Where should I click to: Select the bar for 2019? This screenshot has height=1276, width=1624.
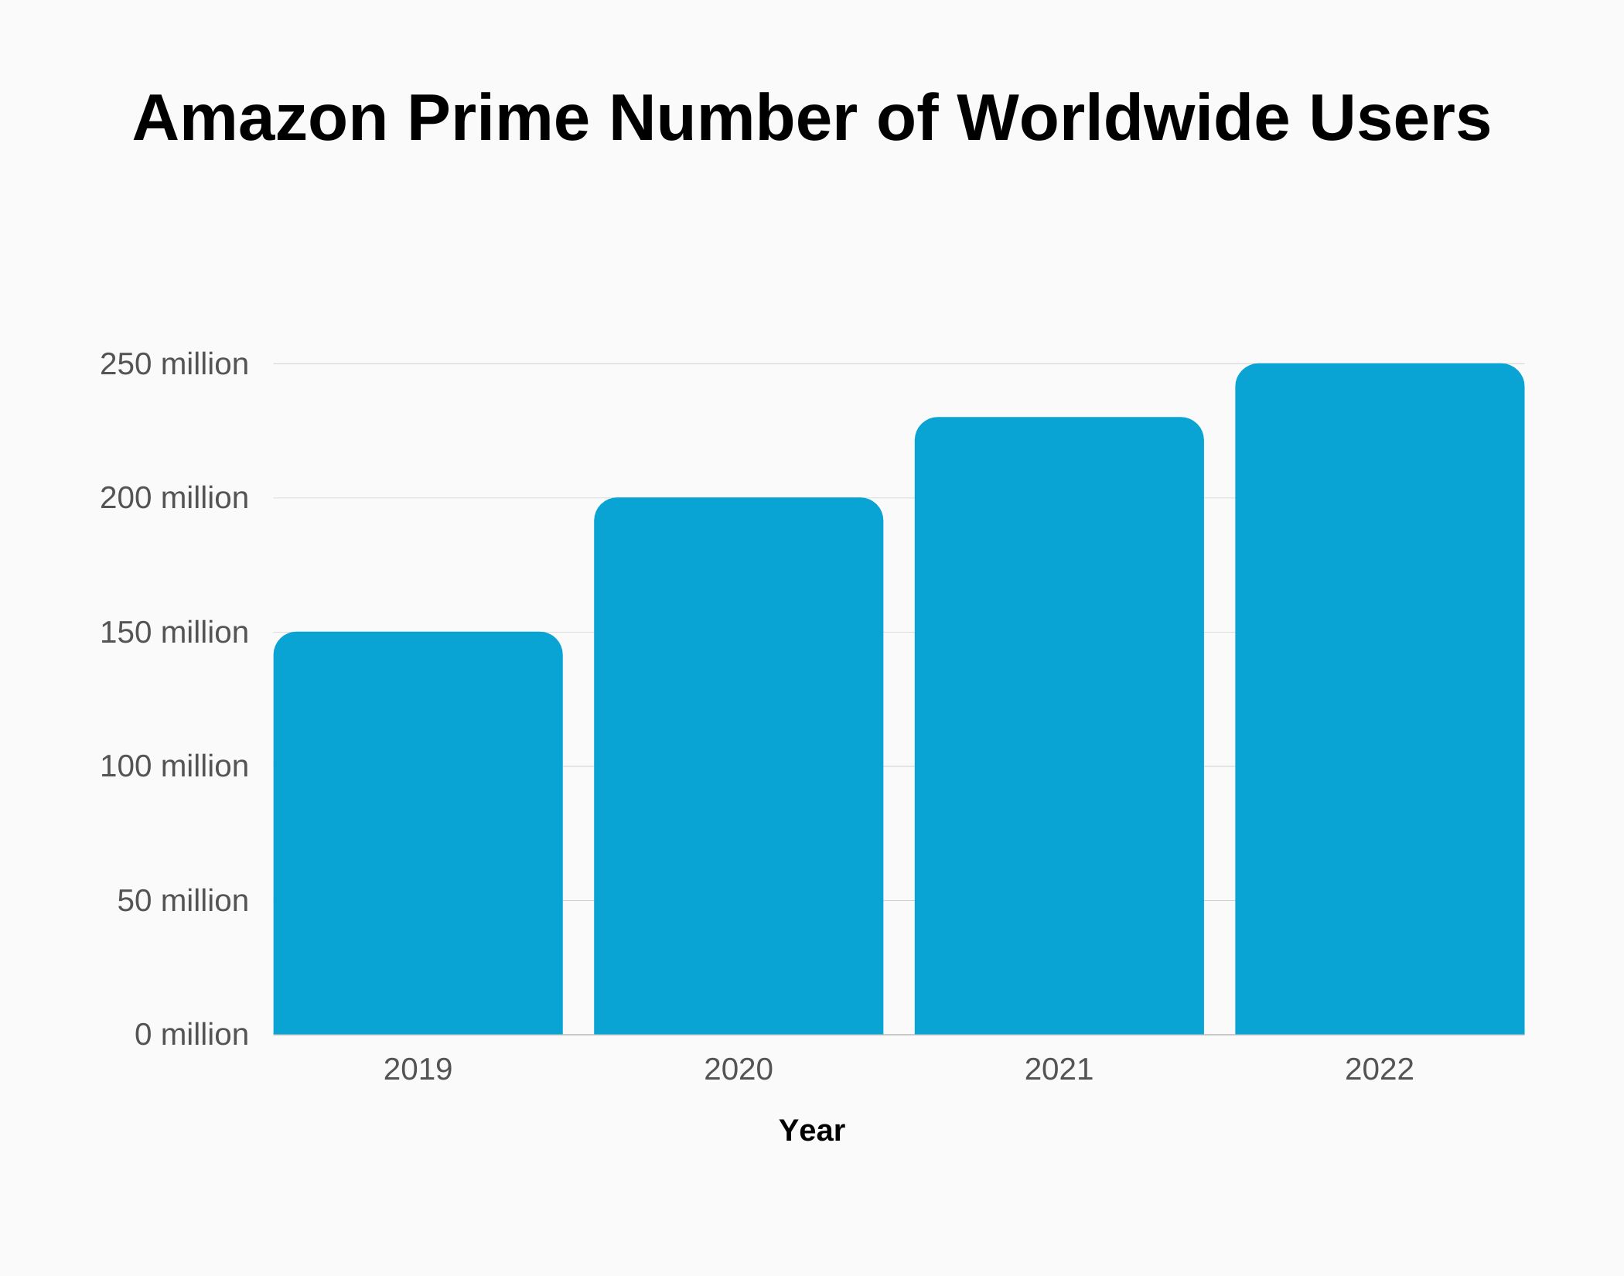pyautogui.click(x=418, y=833)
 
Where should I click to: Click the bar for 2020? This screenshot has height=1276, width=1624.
pyautogui.click(x=739, y=766)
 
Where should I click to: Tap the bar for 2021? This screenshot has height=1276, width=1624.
pyautogui.click(x=1059, y=725)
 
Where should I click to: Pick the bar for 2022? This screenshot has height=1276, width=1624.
pyautogui.click(x=1380, y=698)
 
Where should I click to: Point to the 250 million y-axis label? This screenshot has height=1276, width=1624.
pyautogui.click(x=174, y=364)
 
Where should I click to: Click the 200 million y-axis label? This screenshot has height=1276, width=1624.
pyautogui.click(x=174, y=498)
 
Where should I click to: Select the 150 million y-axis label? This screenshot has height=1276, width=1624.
pyautogui.click(x=174, y=633)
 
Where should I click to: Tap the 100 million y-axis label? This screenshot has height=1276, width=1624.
pyautogui.click(x=174, y=766)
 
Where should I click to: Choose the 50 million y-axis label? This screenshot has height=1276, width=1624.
pyautogui.click(x=183, y=901)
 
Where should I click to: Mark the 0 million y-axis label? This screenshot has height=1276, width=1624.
pyautogui.click(x=191, y=1035)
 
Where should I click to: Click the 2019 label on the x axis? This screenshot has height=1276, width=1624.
pyautogui.click(x=418, y=1070)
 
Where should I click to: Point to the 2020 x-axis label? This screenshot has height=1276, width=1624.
pyautogui.click(x=739, y=1070)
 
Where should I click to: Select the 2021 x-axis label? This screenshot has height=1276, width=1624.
pyautogui.click(x=1059, y=1070)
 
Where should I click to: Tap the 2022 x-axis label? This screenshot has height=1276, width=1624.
pyautogui.click(x=1379, y=1070)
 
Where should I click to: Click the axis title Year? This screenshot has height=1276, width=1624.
pyautogui.click(x=811, y=1131)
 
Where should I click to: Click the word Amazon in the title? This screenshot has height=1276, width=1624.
pyautogui.click(x=260, y=118)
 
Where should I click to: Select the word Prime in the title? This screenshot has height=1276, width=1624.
pyautogui.click(x=498, y=118)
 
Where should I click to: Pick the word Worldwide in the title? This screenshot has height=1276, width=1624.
pyautogui.click(x=1123, y=118)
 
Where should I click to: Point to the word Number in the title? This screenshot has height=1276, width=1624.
pyautogui.click(x=732, y=118)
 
